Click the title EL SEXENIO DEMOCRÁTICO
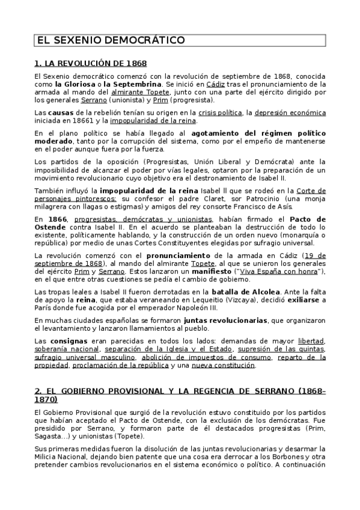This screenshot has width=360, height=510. (x=110, y=41)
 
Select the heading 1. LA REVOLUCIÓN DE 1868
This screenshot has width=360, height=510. (x=90, y=63)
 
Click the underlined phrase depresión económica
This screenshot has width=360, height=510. (x=290, y=112)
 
